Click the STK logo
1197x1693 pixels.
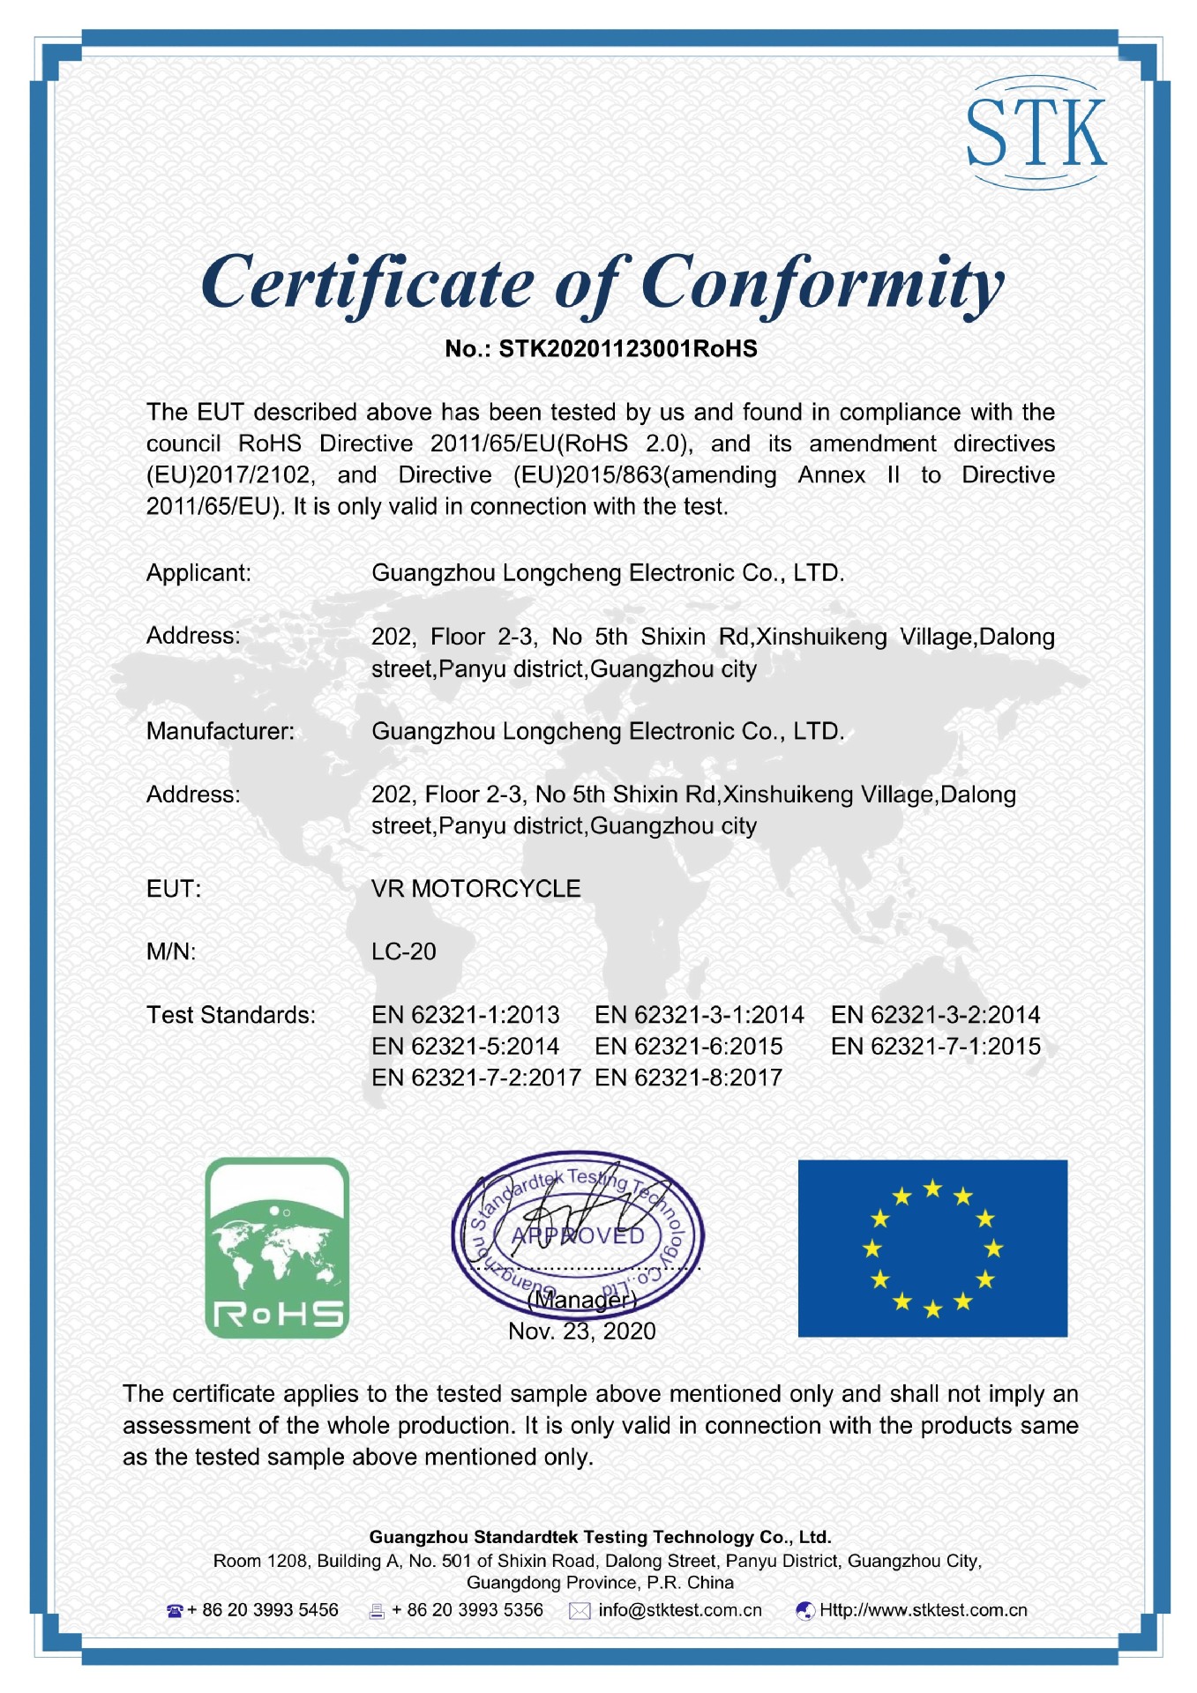pos(1036,132)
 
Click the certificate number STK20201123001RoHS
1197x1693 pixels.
pos(627,349)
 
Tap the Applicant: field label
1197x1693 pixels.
pos(198,573)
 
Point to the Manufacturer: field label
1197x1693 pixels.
pos(221,731)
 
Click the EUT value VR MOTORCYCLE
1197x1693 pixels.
pos(475,889)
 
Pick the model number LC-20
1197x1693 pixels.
pos(404,952)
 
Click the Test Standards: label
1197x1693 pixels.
pos(231,1015)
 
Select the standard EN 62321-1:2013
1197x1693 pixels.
pos(466,1015)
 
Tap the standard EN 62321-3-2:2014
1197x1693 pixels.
pos(935,1015)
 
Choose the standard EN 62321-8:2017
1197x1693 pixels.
pos(688,1078)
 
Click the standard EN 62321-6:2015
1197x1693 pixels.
pos(688,1047)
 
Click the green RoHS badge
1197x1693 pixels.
pos(277,1248)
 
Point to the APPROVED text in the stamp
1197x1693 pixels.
pos(579,1236)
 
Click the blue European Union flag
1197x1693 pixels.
pos(932,1248)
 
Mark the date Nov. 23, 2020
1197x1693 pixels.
pos(582,1331)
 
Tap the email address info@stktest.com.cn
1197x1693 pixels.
pos(679,1610)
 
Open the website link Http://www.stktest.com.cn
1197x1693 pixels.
pos(923,1610)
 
